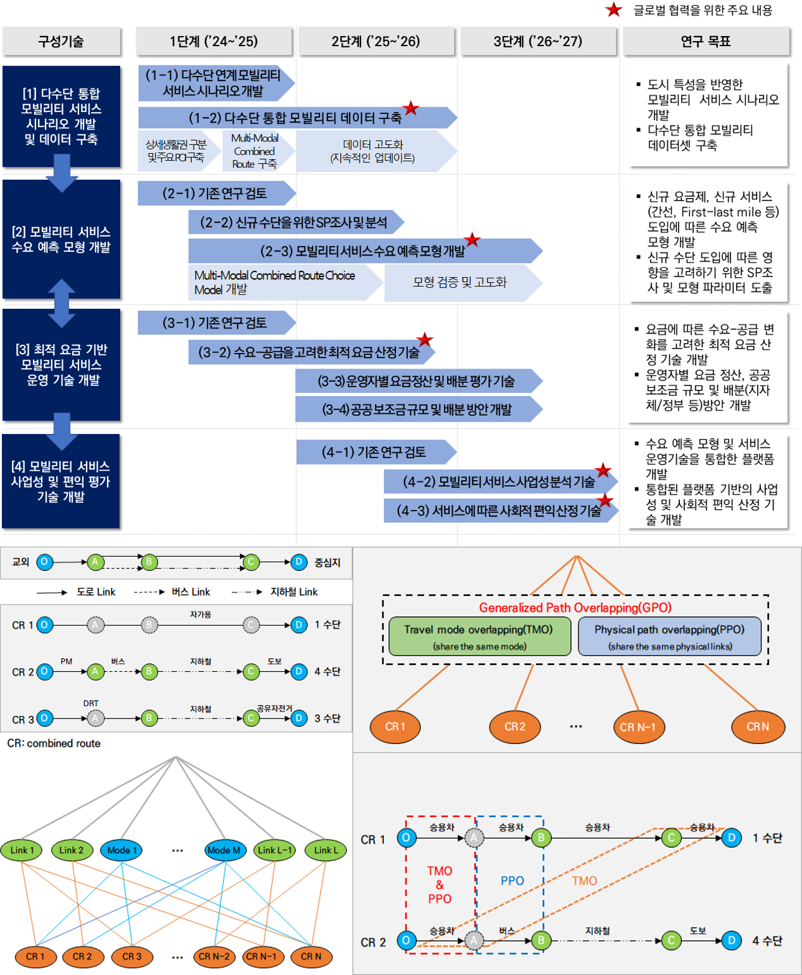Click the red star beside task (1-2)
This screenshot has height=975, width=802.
point(410,108)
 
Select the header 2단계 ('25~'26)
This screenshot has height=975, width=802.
point(375,42)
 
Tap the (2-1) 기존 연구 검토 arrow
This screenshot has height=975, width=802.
point(215,194)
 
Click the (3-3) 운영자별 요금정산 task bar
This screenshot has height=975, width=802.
point(417,381)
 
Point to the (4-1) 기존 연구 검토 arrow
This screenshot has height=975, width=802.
point(374,452)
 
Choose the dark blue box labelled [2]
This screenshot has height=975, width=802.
point(61,240)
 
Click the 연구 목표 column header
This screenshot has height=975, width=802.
point(705,42)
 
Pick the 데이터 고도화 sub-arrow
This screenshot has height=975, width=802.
point(373,151)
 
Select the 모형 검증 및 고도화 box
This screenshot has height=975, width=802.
point(460,282)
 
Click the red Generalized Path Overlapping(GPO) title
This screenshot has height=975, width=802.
point(575,608)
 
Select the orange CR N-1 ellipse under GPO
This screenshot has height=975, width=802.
point(638,727)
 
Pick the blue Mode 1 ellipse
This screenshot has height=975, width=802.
point(121,850)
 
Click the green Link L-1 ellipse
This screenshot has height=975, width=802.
point(275,850)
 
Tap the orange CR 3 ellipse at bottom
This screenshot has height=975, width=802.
point(131,956)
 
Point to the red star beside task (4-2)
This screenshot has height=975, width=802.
point(603,471)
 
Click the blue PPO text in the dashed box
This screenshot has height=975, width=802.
point(512,880)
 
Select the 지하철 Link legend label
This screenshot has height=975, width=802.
point(294,592)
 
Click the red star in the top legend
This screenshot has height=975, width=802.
point(614,10)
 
